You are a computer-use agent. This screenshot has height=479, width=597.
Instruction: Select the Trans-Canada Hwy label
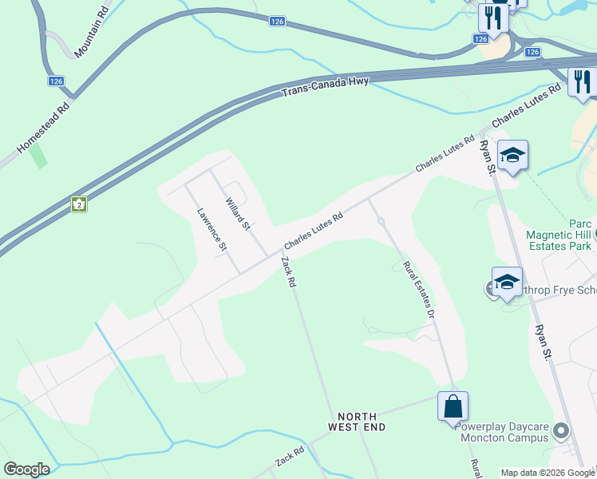pyautogui.click(x=325, y=88)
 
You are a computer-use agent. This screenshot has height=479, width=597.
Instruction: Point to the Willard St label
pyautogui.click(x=238, y=214)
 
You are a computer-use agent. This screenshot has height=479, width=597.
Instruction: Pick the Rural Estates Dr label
pyautogui.click(x=418, y=291)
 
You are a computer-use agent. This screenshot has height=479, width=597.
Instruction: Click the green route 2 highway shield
pyautogui.click(x=79, y=204)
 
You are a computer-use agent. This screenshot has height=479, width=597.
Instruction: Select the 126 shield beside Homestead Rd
pyautogui.click(x=56, y=81)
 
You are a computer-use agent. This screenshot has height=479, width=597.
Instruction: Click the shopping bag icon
pyautogui.click(x=453, y=406)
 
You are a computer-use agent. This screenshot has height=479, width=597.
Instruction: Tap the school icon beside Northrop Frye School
pyautogui.click(x=507, y=282)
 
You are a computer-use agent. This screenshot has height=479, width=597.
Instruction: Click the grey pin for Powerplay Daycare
pyautogui.click(x=562, y=432)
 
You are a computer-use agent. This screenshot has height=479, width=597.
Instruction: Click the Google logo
pyautogui.click(x=26, y=469)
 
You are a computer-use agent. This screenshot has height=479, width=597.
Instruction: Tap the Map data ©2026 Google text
pyautogui.click(x=547, y=473)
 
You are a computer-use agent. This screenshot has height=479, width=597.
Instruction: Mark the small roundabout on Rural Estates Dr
pyautogui.click(x=382, y=221)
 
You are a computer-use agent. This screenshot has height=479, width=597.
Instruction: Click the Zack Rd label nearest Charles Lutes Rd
pyautogui.click(x=288, y=272)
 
